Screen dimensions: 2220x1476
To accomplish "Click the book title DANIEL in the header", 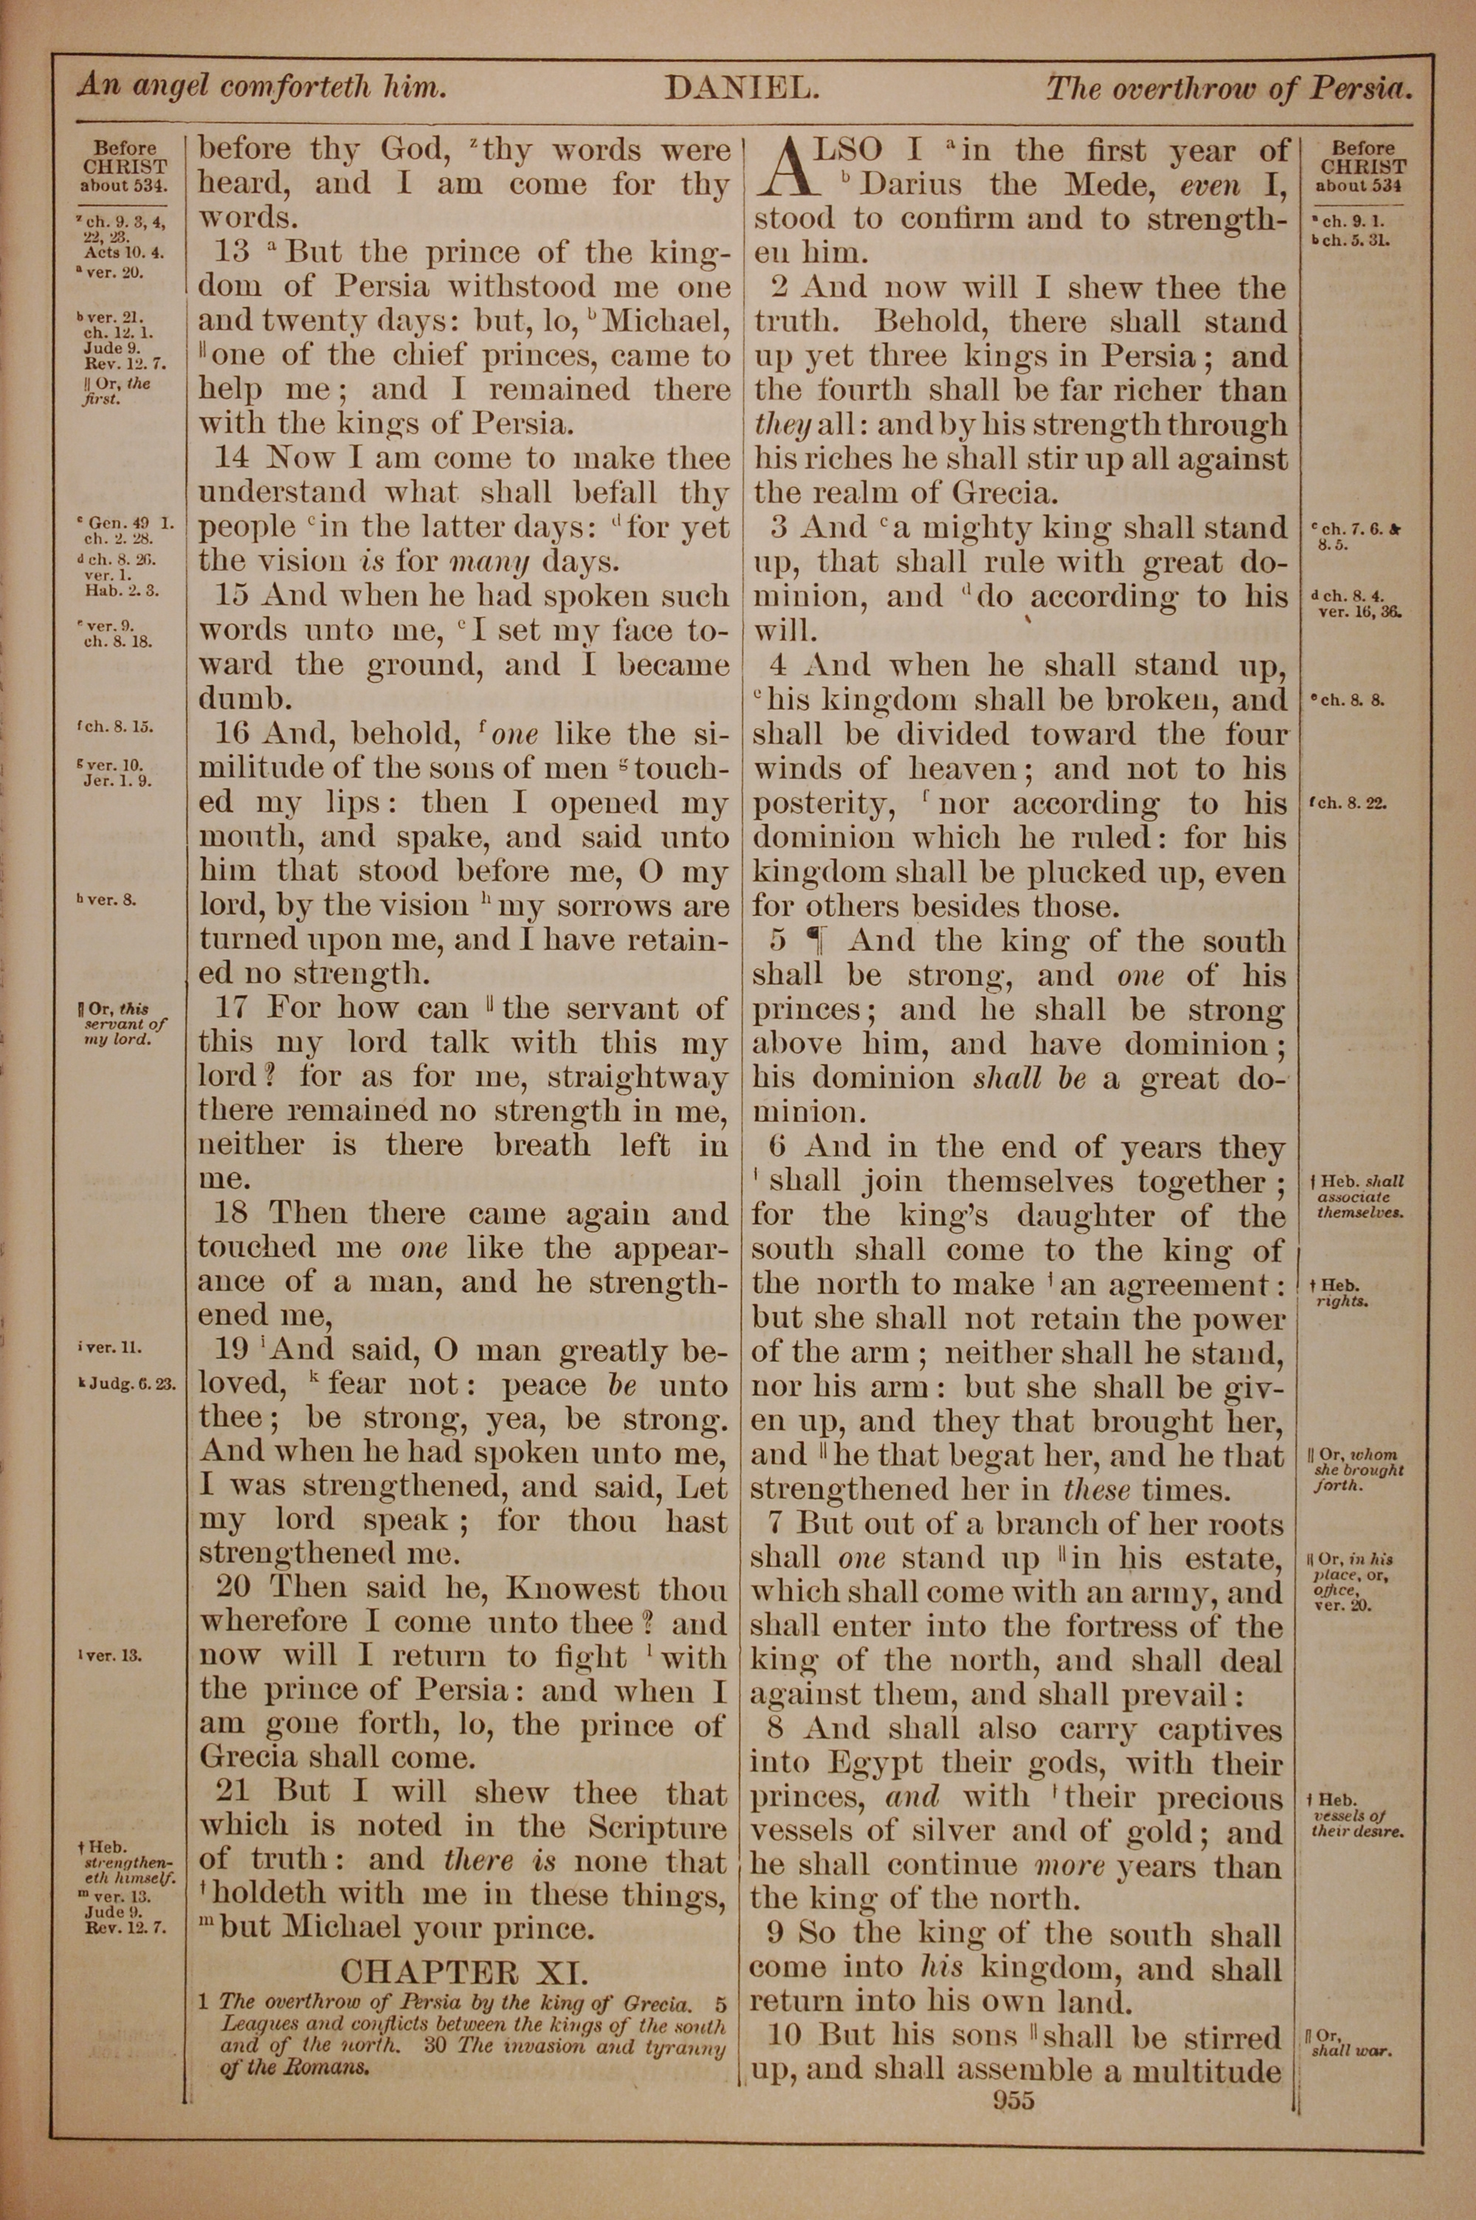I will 742,89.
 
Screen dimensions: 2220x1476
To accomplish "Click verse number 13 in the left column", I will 230,252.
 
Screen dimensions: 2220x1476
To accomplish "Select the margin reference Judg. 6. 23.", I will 129,1385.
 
